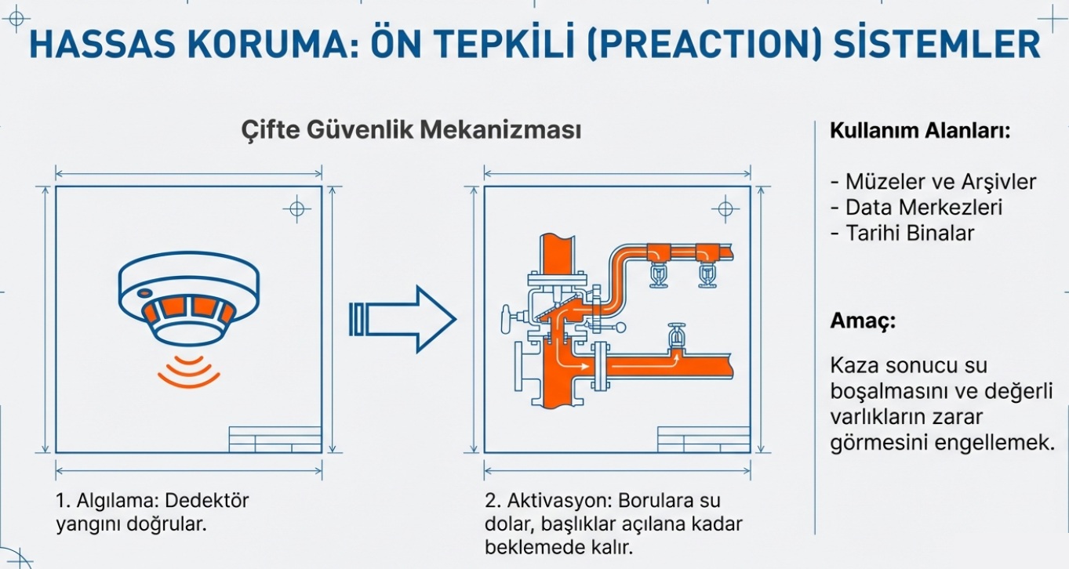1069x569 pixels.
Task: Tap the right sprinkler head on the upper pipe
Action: coord(708,275)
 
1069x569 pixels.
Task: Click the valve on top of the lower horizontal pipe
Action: coord(674,337)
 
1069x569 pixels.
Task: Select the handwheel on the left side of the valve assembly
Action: coord(506,319)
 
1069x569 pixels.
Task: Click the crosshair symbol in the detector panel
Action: coord(296,209)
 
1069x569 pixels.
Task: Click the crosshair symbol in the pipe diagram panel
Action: coord(724,209)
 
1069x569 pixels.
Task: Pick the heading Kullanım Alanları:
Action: coord(919,131)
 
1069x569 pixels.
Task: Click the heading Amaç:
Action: coord(863,321)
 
